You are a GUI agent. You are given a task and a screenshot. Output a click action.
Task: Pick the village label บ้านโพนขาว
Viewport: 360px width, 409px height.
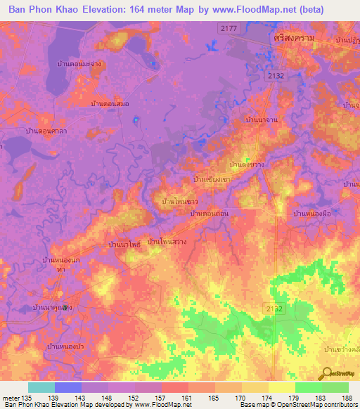[x=179, y=201]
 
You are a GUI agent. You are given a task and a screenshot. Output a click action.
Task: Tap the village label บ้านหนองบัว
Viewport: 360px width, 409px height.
[x=65, y=346]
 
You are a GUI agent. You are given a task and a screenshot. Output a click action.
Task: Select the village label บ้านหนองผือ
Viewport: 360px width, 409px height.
[x=311, y=212]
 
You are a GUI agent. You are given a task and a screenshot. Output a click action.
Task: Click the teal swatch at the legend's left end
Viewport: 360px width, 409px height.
[x=41, y=387]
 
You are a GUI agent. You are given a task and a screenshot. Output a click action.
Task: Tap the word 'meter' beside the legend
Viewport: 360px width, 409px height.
[x=11, y=398]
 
